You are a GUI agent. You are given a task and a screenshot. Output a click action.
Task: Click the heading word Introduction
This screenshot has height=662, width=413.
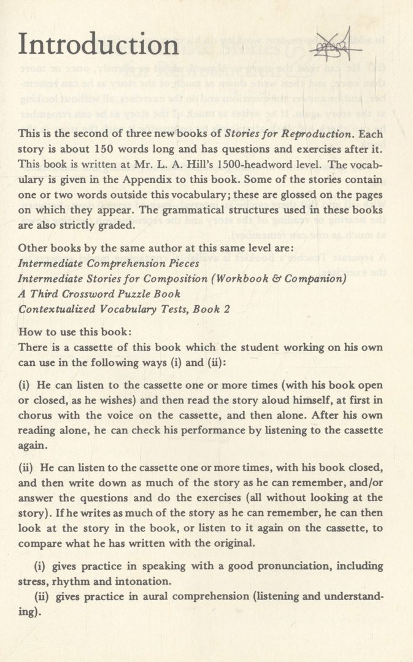[x=99, y=45]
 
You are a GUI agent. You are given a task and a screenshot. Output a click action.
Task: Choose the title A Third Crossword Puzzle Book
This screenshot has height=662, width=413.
[x=99, y=294]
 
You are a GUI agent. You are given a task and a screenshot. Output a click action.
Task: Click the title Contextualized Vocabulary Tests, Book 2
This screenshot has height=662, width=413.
[x=125, y=310]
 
